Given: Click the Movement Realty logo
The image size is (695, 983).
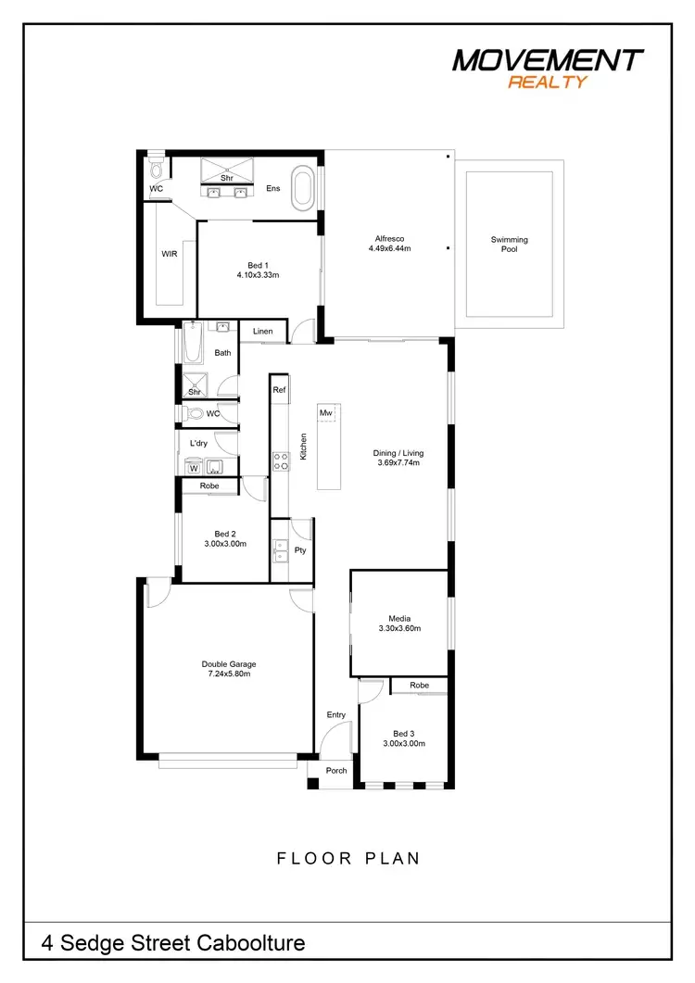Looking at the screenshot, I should coord(547,67).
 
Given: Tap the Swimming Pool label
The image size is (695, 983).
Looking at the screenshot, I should coord(509,245).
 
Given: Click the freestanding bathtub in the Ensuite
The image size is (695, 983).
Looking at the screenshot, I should coord(303,188).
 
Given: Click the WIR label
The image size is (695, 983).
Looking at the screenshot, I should coord(169,253).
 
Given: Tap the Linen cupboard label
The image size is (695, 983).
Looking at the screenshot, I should coord(262,331).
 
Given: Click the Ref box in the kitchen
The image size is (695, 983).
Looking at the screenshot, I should coord(279,391).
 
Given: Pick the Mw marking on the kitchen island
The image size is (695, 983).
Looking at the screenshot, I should coord(325,412).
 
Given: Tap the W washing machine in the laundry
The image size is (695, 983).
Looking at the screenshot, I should coord(195,469).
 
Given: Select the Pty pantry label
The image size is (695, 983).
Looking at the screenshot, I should coord(299,550).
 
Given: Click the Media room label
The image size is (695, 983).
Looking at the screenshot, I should coord(399,618).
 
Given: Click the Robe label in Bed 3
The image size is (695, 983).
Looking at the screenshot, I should coord(419,686).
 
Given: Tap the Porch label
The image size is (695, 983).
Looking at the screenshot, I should coord(336,771).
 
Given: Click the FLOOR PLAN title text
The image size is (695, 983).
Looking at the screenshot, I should coord(348,859).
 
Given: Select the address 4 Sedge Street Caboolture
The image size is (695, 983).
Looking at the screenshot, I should coord(173,943).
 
